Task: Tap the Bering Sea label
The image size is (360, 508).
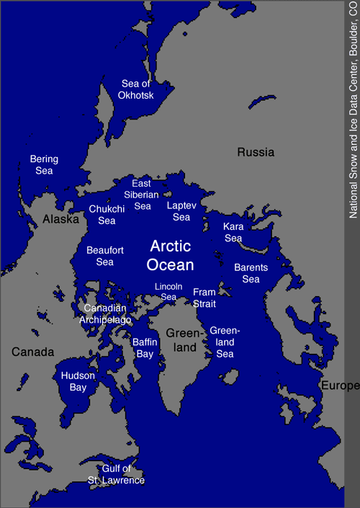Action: click(x=44, y=165)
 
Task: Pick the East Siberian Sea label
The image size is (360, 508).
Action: click(x=143, y=195)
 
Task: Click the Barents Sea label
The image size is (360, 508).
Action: click(x=251, y=273)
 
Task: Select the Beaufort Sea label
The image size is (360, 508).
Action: click(x=105, y=256)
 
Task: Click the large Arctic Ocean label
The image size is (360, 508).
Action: click(x=170, y=255)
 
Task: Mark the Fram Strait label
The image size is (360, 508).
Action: click(x=204, y=297)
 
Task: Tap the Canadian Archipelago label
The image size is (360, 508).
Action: click(x=105, y=314)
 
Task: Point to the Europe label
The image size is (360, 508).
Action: click(x=341, y=386)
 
